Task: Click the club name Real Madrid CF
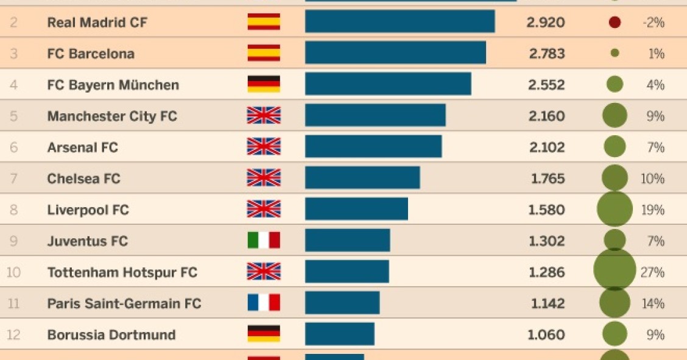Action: pos(97,23)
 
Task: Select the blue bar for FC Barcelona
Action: pos(395,53)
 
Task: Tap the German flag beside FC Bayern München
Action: pos(264,84)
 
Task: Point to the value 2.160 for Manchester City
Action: pos(546,116)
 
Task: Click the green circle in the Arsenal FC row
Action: pos(615,147)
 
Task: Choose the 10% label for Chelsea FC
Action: pos(652,178)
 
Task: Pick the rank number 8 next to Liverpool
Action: pos(13,210)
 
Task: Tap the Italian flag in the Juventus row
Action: pos(264,241)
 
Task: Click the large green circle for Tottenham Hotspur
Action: pos(615,270)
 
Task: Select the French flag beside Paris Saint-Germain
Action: pos(264,303)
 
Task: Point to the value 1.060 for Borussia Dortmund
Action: pos(546,334)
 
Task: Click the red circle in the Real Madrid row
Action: pos(615,23)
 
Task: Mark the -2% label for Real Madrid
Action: pos(653,23)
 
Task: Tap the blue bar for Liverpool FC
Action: pos(356,209)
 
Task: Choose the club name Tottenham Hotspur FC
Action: pos(122,272)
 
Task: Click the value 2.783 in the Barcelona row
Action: pos(546,54)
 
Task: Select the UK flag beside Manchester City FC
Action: pos(264,115)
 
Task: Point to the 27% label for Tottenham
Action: pos(652,272)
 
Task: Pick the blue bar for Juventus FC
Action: pos(347,240)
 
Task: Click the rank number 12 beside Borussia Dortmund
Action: pos(13,335)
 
